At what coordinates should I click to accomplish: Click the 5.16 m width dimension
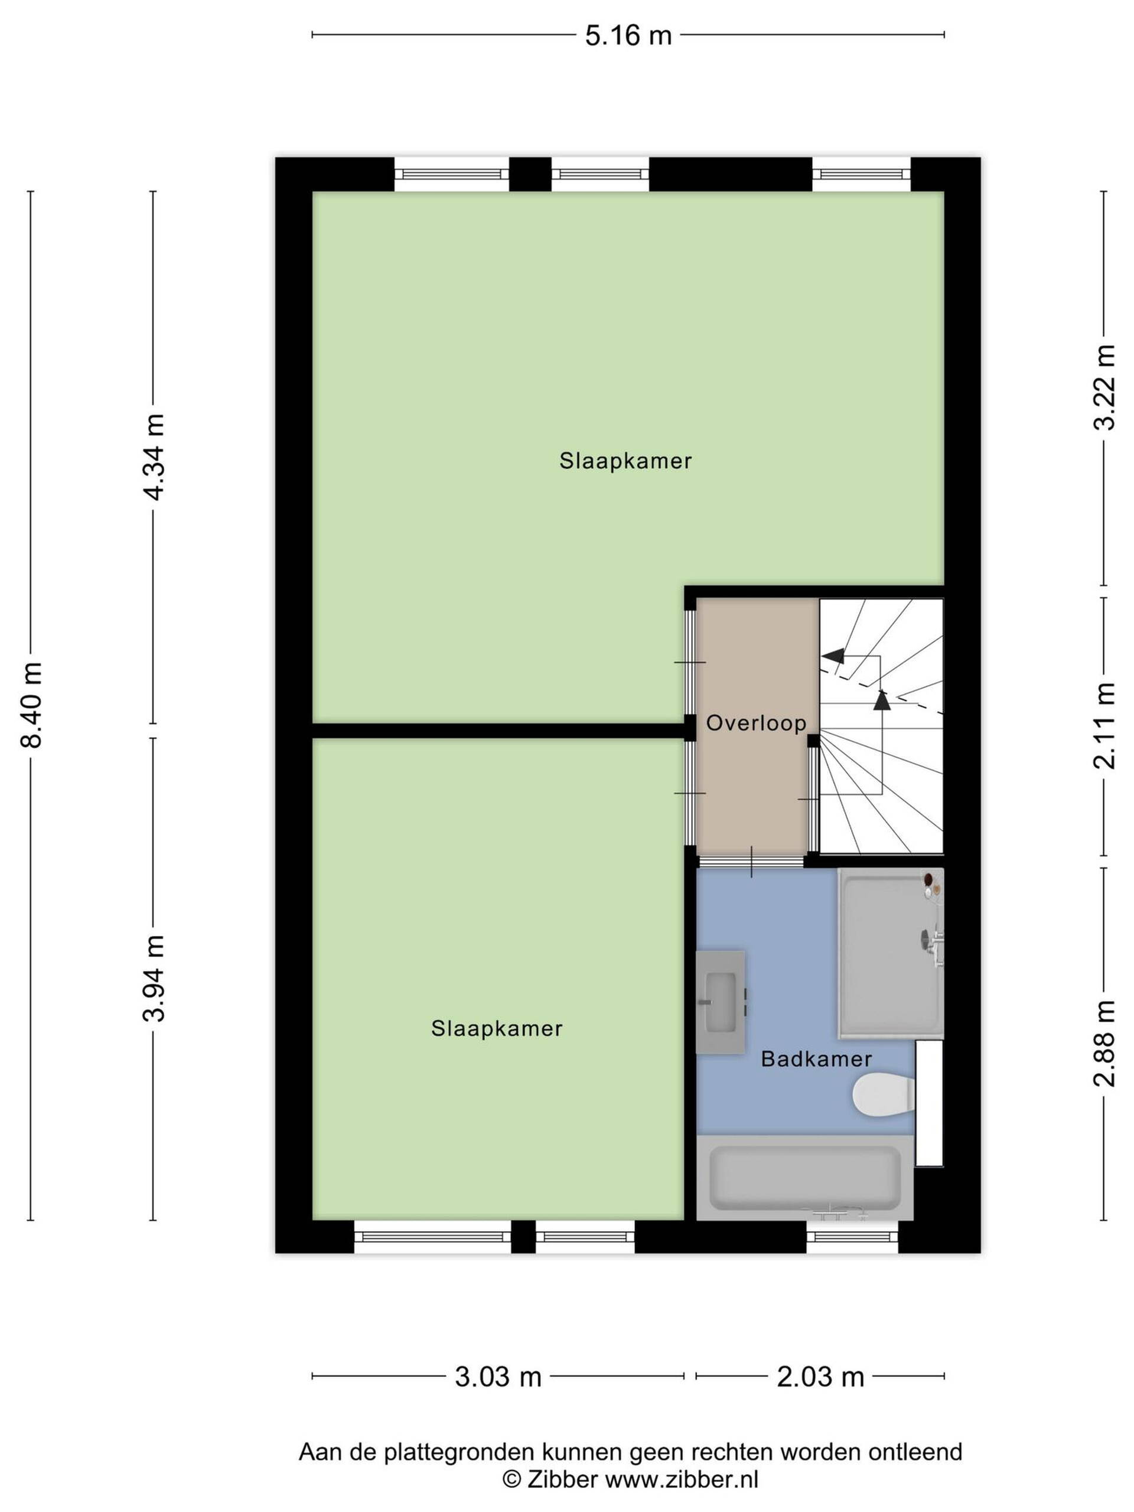[628, 35]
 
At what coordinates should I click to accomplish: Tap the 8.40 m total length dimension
[32, 705]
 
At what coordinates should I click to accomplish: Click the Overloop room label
[756, 722]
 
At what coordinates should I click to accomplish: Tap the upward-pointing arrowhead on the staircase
[882, 700]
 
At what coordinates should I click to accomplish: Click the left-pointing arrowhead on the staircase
[833, 656]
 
